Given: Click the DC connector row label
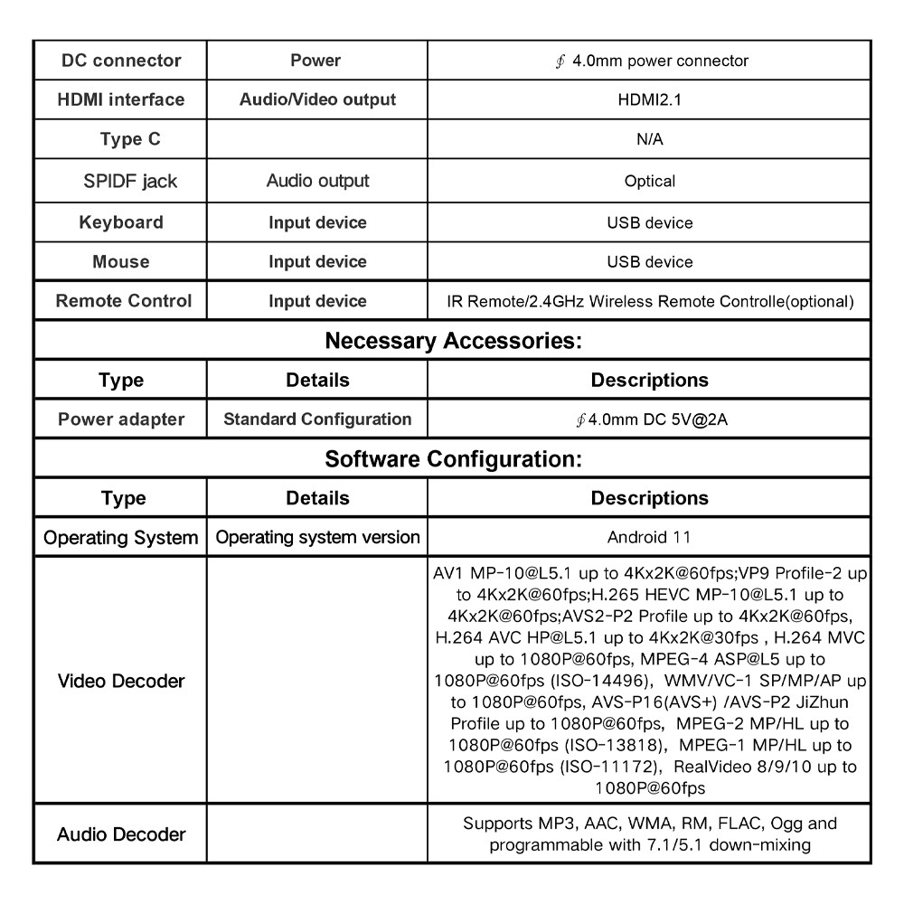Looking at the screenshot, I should [121, 61].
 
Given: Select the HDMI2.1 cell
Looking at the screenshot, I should [649, 99].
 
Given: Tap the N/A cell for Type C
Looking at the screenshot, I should [649, 140].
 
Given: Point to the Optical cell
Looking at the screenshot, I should [649, 181].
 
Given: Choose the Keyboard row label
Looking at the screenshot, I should [121, 222].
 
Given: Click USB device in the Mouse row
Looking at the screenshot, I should [649, 262].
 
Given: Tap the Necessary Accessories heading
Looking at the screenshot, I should [452, 342].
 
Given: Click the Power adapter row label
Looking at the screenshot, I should [121, 419].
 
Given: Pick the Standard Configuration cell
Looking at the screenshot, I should [317, 419].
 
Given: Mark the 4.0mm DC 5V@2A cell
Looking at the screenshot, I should [649, 419].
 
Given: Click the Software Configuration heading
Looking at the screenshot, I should [452, 459].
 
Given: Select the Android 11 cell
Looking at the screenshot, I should [649, 537].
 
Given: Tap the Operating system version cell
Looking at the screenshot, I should [317, 537].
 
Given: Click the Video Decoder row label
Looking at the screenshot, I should [121, 681].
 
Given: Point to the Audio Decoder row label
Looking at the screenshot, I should [121, 834].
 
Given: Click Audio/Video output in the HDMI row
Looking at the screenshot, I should [317, 99].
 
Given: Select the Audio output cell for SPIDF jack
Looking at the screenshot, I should [317, 181].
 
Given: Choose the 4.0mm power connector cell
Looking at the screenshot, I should [649, 61].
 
